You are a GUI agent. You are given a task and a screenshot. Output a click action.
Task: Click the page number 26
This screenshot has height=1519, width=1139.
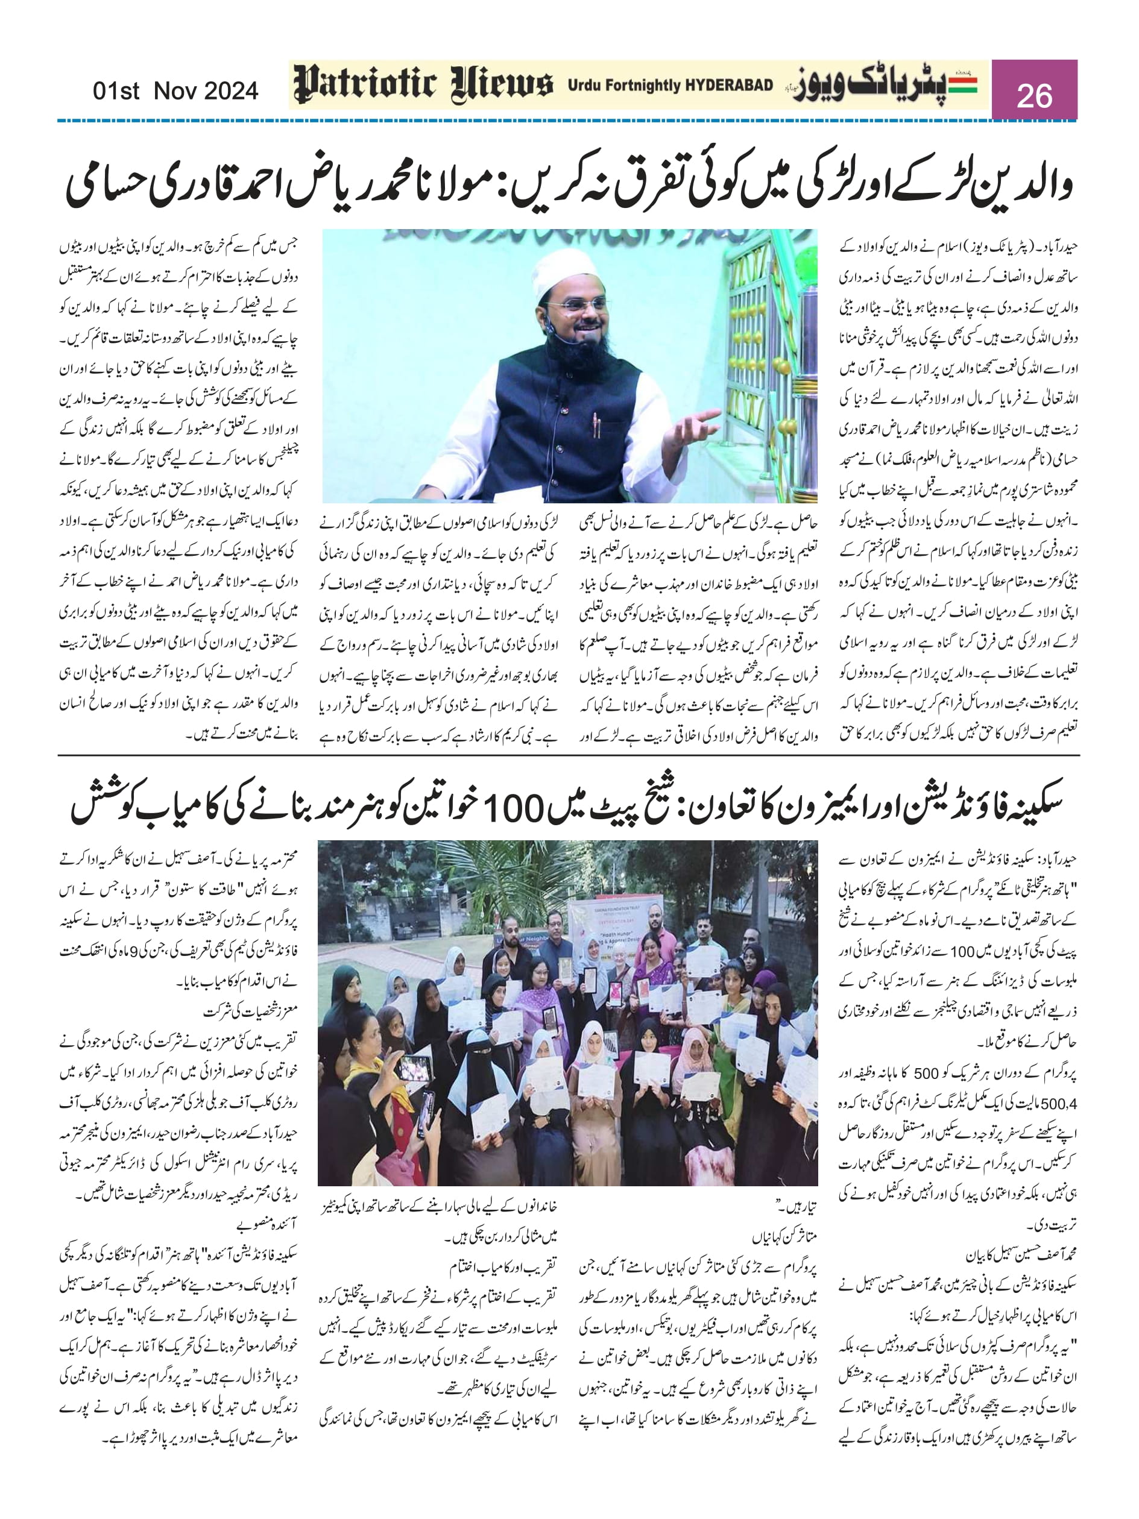pos(1034,95)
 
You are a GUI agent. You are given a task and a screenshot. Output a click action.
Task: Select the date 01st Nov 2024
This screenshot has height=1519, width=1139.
pos(175,90)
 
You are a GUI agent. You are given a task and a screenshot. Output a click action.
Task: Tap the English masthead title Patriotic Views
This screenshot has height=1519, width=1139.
pos(423,85)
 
